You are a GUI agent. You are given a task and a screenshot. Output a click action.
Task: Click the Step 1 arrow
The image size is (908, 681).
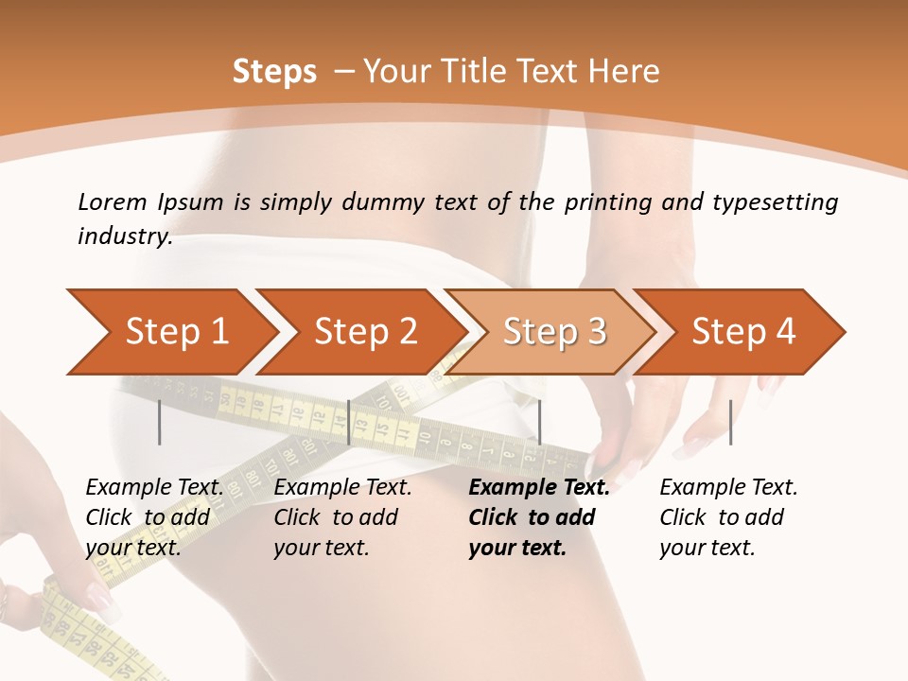pos(177,332)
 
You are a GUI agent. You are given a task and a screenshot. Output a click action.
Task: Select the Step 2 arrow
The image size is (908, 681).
pos(365,332)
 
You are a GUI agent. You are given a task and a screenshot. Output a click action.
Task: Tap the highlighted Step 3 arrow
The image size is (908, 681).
pos(554,332)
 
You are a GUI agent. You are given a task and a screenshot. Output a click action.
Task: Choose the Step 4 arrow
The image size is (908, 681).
pos(743,332)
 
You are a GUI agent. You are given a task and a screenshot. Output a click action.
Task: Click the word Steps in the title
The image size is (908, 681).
pos(274,72)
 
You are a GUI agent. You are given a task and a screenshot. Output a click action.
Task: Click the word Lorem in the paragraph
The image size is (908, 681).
pos(113,202)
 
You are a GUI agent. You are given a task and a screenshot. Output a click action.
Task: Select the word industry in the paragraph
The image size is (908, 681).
pos(124,236)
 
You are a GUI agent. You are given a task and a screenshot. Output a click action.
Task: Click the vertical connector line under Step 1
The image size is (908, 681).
pos(160,422)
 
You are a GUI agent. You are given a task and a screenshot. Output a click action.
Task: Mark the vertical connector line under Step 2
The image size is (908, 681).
pos(349,422)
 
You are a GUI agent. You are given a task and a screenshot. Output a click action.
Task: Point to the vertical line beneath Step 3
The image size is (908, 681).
pos(539,422)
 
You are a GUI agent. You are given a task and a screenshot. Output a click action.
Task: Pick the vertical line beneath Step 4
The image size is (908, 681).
pos(730,422)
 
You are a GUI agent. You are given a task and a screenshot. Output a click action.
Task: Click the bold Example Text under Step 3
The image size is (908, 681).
pos(539,488)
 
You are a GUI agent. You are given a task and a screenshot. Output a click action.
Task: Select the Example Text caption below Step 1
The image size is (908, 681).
pos(155,488)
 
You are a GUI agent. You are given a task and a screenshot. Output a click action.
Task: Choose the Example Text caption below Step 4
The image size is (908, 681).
pos(728,488)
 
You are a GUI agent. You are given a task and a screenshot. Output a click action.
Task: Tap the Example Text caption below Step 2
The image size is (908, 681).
pos(342,488)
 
